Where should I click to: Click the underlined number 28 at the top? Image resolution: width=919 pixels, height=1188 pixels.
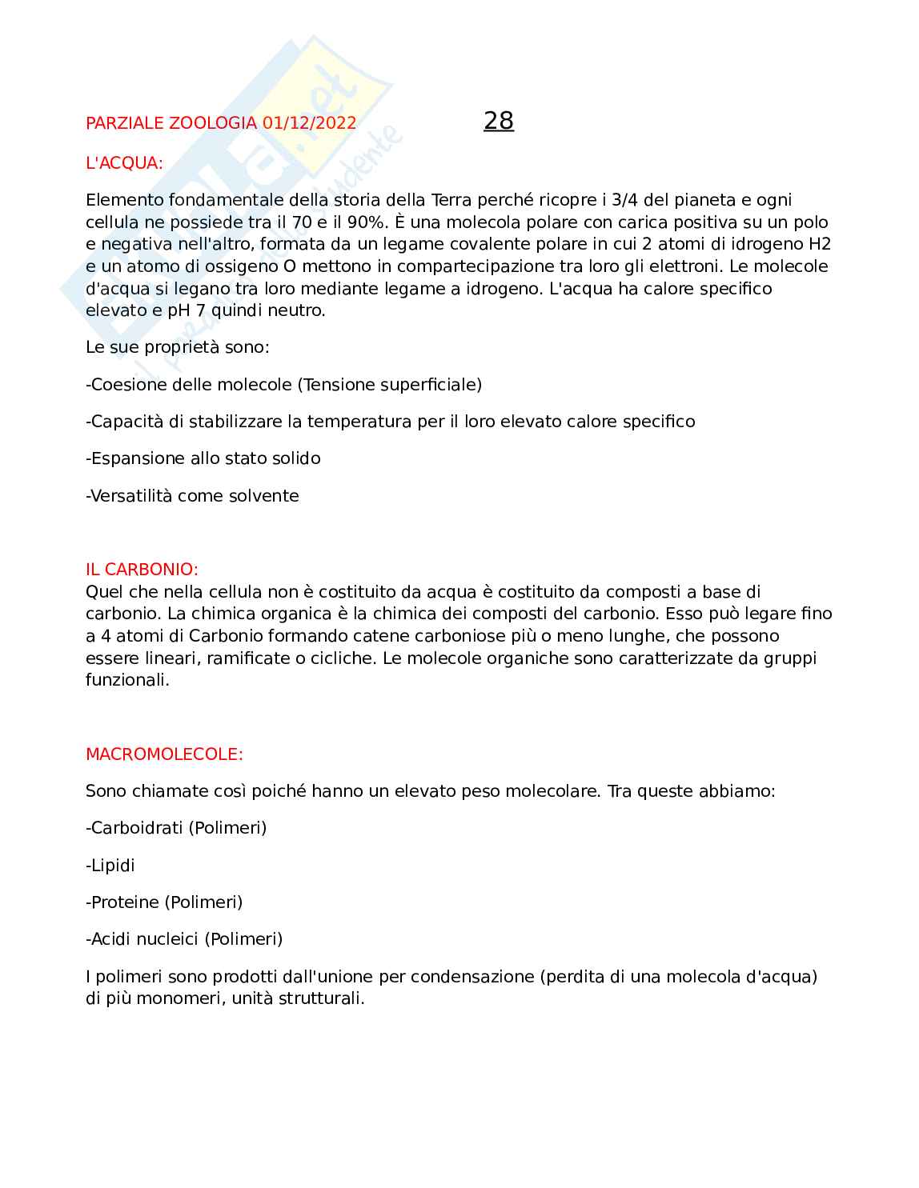pyautogui.click(x=499, y=121)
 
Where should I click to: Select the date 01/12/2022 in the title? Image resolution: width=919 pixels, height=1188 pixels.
pyautogui.click(x=309, y=123)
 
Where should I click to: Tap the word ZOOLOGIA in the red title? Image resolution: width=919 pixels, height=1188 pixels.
pyautogui.click(x=213, y=123)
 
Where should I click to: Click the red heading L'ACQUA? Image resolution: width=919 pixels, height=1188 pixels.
pyautogui.click(x=124, y=163)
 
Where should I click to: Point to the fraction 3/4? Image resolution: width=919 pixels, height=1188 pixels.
pyautogui.click(x=624, y=200)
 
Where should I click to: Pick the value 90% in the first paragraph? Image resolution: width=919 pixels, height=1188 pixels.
pyautogui.click(x=367, y=222)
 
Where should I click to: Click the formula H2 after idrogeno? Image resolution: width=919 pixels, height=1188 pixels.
pyautogui.click(x=820, y=244)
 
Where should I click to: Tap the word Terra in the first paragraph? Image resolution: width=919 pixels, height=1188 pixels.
pyautogui.click(x=451, y=200)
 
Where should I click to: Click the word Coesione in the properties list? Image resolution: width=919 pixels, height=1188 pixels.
pyautogui.click(x=125, y=385)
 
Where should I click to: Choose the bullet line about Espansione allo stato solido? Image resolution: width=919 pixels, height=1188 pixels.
pyautogui.click(x=203, y=458)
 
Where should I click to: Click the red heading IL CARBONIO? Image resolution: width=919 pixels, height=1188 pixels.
pyautogui.click(x=142, y=570)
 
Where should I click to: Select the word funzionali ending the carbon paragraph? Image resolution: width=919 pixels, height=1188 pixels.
pyautogui.click(x=126, y=681)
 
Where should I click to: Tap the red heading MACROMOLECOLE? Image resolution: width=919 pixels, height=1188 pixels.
pyautogui.click(x=164, y=754)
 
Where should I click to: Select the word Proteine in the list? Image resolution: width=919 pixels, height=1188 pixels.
pyautogui.click(x=125, y=902)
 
